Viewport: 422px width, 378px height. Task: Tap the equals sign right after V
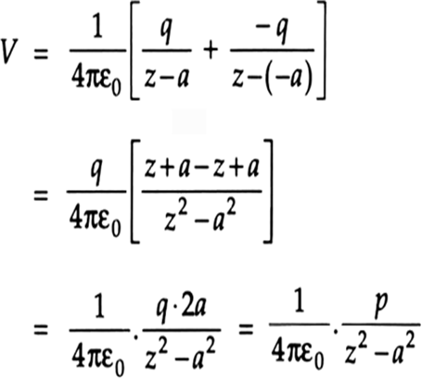(x=41, y=56)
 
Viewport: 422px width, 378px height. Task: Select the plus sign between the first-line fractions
(x=211, y=51)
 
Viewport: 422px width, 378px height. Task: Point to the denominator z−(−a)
(x=273, y=77)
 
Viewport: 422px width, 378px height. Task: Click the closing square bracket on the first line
(x=321, y=50)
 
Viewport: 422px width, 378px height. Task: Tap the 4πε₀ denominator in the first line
(x=96, y=79)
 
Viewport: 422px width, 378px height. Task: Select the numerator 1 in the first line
(x=97, y=29)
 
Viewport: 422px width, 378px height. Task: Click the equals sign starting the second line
(x=41, y=195)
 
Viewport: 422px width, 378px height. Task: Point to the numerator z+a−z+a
(x=201, y=170)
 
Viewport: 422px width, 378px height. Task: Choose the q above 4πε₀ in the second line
(x=96, y=172)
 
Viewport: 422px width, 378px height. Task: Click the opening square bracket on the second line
(x=135, y=192)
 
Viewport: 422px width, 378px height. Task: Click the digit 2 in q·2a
(x=187, y=308)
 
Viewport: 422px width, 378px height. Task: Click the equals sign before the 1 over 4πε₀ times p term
(x=246, y=330)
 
